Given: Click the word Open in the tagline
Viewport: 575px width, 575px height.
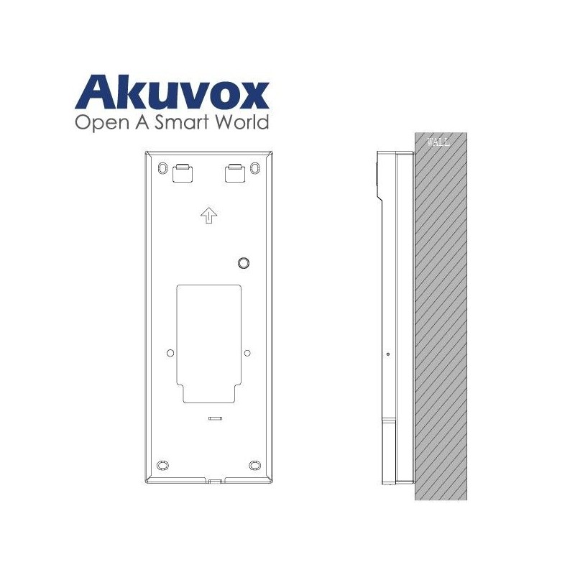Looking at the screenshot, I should [x=99, y=122].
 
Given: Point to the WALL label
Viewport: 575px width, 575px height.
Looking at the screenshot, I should [x=438, y=142].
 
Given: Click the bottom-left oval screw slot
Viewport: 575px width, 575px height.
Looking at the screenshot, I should [x=162, y=464].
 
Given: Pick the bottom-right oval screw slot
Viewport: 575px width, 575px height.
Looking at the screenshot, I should [x=255, y=464].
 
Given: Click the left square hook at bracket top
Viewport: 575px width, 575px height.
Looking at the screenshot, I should [x=181, y=172].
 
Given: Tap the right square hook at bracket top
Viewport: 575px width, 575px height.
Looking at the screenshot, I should [x=235, y=172].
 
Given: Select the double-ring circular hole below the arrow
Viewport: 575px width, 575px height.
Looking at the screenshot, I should [x=244, y=263].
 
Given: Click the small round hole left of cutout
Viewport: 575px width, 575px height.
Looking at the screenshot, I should [x=170, y=352].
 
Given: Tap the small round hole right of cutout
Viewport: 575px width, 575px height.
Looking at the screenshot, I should [x=247, y=352].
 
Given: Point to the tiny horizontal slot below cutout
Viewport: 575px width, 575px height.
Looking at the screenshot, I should [x=213, y=416].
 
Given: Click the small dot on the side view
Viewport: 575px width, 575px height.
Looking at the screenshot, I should [x=387, y=354].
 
